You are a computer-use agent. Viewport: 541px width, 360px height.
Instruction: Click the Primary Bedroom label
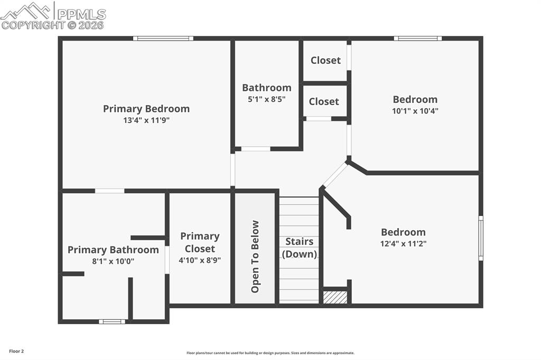point(146,109)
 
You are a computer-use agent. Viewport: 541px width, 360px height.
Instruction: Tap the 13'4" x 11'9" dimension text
point(146,120)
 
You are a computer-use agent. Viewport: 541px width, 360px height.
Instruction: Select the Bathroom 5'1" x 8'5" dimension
point(266,99)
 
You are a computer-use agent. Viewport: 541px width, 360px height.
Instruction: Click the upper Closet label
point(325,60)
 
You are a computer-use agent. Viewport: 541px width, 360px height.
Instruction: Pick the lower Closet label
point(324,101)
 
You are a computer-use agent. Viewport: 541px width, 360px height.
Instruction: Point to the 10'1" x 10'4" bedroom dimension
point(415,111)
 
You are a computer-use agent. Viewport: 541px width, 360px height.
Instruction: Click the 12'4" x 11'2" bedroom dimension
point(403,243)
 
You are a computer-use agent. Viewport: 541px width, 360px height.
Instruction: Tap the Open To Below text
point(255,257)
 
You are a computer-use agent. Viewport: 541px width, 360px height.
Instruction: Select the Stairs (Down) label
point(300,248)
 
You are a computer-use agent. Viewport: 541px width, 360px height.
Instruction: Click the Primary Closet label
point(200,242)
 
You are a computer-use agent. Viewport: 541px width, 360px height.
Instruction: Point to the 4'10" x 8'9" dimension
point(200,260)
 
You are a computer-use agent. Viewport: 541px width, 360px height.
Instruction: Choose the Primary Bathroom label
point(113,250)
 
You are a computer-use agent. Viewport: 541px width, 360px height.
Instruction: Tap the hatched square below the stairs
point(335,298)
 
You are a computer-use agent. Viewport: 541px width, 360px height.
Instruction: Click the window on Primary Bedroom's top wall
point(163,38)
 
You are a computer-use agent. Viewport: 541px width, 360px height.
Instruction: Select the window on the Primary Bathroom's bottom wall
point(112,321)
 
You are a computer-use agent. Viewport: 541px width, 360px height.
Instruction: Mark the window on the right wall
point(480,238)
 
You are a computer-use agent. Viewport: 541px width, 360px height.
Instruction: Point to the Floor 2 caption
point(16,351)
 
